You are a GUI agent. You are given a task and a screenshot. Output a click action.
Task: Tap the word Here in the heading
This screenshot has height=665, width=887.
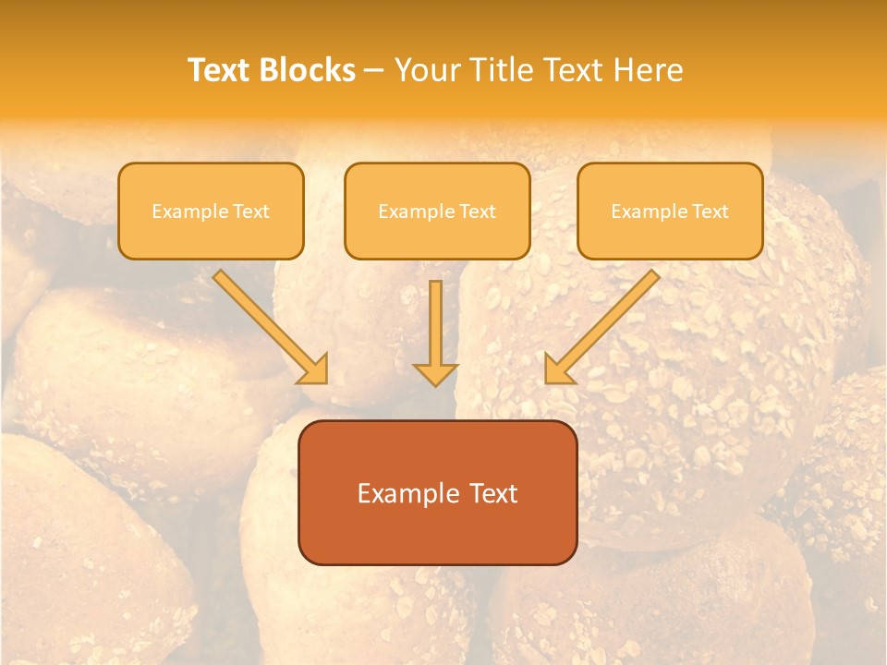pyautogui.click(x=648, y=70)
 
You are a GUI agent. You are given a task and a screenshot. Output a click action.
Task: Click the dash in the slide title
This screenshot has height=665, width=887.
pyautogui.click(x=374, y=71)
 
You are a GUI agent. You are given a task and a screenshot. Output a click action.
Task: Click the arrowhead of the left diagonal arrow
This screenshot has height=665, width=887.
pyautogui.click(x=314, y=369)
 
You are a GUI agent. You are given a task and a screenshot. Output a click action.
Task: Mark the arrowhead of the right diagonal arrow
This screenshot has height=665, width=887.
pyautogui.click(x=558, y=369)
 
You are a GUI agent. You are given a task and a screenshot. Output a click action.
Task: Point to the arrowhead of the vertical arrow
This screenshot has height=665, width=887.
pyautogui.click(x=435, y=373)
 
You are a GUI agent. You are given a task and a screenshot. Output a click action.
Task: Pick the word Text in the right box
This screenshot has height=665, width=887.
pyautogui.click(x=710, y=212)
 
